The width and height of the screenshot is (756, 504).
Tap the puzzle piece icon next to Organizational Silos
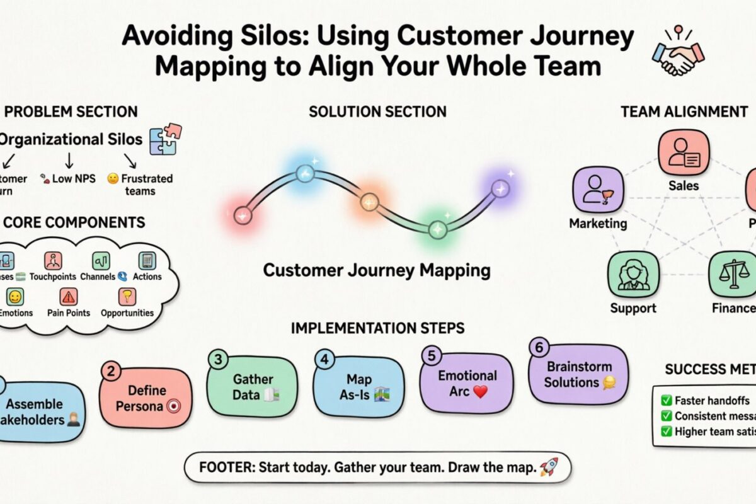(x=165, y=139)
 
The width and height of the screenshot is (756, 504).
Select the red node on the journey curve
(x=243, y=215)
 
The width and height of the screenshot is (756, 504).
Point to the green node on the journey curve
(x=437, y=229)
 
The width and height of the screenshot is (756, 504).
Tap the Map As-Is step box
(x=359, y=387)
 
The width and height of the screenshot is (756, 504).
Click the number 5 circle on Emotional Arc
(x=432, y=356)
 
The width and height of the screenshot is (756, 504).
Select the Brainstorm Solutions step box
(x=570, y=374)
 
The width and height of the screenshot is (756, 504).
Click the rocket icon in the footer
(x=548, y=467)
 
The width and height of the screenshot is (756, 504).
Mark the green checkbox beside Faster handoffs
(x=666, y=400)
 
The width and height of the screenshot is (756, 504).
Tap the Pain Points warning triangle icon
(x=68, y=296)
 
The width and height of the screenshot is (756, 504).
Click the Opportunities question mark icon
(x=127, y=296)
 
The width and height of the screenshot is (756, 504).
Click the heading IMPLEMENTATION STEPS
(x=378, y=328)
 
